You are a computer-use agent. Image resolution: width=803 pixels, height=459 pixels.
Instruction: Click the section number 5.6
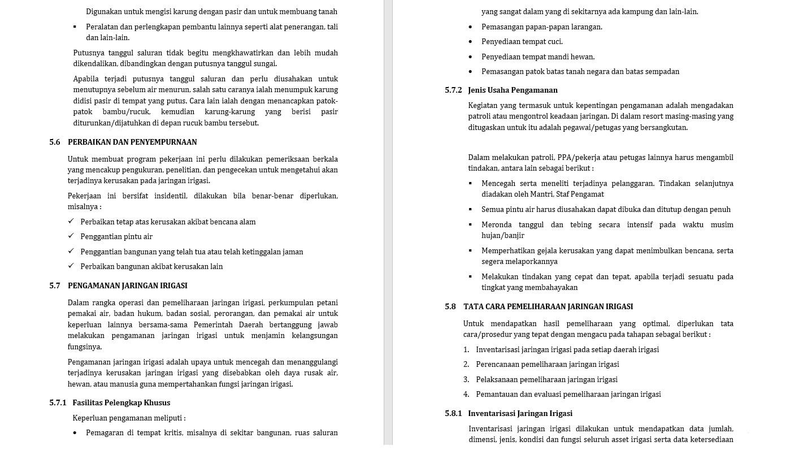coord(54,142)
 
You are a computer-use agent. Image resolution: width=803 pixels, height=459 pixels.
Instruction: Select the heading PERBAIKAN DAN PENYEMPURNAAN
coord(132,142)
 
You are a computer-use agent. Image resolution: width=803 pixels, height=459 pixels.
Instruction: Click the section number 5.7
coord(54,286)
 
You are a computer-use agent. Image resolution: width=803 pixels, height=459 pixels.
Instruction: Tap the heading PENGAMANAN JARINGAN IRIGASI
coord(128,286)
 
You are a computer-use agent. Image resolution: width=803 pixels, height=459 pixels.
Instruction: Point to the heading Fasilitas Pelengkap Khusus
coord(121,403)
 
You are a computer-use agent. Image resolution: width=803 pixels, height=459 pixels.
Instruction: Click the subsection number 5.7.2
coord(453,90)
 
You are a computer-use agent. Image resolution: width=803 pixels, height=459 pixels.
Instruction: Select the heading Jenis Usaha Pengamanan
coord(513,90)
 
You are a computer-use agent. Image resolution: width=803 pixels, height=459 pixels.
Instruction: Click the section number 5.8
coord(450,307)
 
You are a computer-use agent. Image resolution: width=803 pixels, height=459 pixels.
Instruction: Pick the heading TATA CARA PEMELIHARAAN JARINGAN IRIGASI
coord(548,307)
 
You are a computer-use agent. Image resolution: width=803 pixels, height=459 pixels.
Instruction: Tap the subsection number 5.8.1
coord(453,414)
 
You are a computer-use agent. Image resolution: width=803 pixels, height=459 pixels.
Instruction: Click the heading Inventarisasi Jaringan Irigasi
coord(520,414)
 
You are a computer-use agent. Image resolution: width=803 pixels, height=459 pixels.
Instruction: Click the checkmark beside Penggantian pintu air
coord(71,236)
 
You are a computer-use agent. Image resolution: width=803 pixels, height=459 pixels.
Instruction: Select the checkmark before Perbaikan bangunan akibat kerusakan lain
coord(71,266)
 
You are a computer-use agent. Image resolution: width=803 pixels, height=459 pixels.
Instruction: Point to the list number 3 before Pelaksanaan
coord(466,380)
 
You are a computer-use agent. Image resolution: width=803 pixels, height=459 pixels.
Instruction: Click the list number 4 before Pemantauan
coord(466,395)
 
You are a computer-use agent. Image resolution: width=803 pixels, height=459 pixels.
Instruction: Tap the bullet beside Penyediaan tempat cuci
coord(470,42)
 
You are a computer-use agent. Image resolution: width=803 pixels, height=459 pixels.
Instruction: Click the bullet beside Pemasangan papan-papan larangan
coord(470,27)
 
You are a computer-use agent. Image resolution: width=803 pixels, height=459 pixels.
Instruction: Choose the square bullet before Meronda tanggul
coord(470,224)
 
